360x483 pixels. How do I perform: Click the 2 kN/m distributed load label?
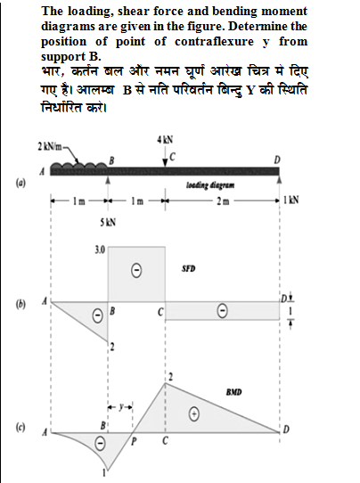(50, 145)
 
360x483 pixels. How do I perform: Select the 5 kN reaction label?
(108, 220)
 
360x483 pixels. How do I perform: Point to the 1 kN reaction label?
(293, 201)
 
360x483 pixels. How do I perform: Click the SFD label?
(188, 266)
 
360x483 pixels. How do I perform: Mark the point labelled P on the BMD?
(134, 439)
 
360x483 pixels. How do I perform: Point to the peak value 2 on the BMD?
(170, 379)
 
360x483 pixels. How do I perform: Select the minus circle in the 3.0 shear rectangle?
(136, 267)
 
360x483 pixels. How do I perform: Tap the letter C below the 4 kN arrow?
(173, 157)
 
